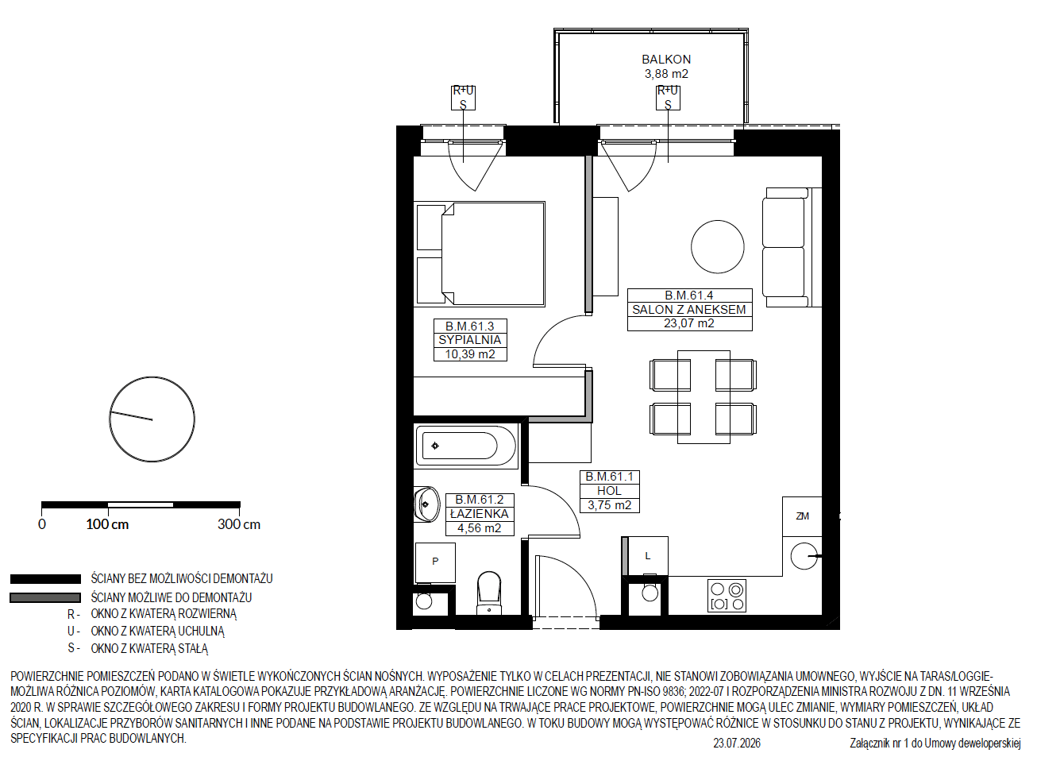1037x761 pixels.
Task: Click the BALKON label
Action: [666, 60]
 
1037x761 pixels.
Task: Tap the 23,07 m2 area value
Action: [689, 323]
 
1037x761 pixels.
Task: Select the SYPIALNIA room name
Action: [470, 340]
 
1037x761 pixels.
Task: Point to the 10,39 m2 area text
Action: [470, 354]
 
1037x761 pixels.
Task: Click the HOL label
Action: [609, 490]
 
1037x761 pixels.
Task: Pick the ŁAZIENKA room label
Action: [479, 514]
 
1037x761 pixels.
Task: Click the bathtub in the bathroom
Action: [466, 446]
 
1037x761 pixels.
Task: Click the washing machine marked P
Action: [435, 562]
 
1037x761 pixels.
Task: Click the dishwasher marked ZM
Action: [802, 516]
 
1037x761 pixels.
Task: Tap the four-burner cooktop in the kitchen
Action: [727, 596]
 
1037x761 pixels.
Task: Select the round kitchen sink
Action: [804, 556]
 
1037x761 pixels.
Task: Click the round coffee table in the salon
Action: [718, 247]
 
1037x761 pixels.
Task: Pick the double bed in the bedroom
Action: [480, 254]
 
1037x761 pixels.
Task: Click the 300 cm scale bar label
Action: [239, 524]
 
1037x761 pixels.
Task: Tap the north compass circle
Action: [152, 419]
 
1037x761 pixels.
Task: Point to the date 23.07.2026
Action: [737, 744]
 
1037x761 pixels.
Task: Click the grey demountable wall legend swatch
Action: [45, 598]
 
